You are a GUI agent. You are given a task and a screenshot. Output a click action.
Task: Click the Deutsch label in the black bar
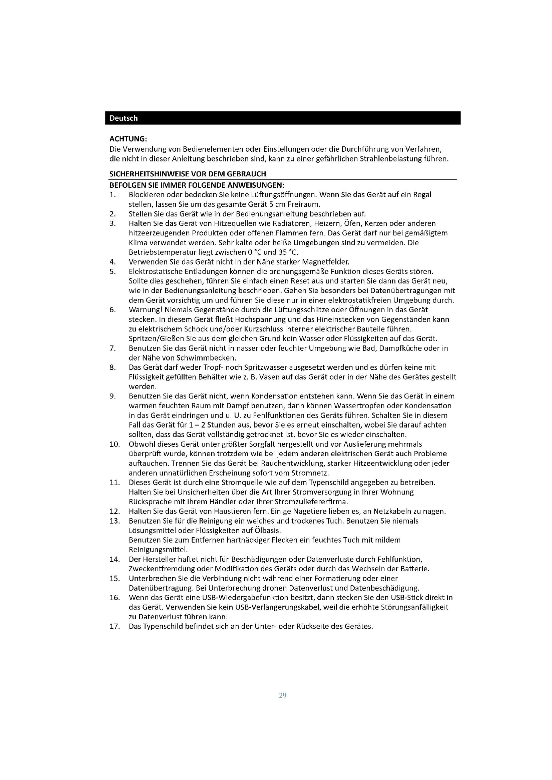click(x=123, y=118)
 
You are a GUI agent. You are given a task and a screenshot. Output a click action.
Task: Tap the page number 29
click(x=282, y=695)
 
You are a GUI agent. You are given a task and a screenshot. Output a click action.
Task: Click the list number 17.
click(x=114, y=627)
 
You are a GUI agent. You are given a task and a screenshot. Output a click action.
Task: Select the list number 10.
click(x=114, y=444)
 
